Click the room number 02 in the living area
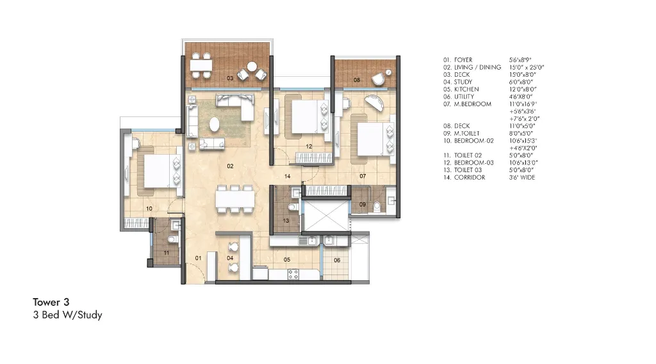[230, 166]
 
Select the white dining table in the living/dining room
[234, 200]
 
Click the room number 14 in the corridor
[288, 175]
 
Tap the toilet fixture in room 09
[378, 206]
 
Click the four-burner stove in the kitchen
[293, 274]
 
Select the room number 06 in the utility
[337, 260]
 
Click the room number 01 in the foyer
[199, 258]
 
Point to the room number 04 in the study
[230, 258]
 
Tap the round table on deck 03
[252, 67]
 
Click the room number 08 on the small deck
[357, 81]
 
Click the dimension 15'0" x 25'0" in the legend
[527, 67]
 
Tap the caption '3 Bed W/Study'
[67, 315]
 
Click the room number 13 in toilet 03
[286, 221]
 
